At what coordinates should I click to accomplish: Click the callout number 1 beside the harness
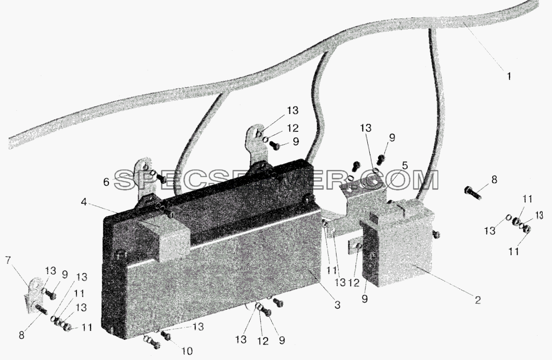(509, 76)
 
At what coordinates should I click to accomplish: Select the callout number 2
(477, 300)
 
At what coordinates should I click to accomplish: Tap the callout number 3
(337, 305)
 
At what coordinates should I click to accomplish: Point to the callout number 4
(83, 202)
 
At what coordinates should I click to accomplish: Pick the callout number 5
(405, 165)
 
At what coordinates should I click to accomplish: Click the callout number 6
(106, 182)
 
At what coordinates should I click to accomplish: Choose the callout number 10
(187, 351)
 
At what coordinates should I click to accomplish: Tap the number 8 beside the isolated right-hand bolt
(494, 180)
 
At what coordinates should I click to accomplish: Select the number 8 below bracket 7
(22, 335)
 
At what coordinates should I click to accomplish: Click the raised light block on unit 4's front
(164, 237)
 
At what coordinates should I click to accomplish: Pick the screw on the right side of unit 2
(437, 234)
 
